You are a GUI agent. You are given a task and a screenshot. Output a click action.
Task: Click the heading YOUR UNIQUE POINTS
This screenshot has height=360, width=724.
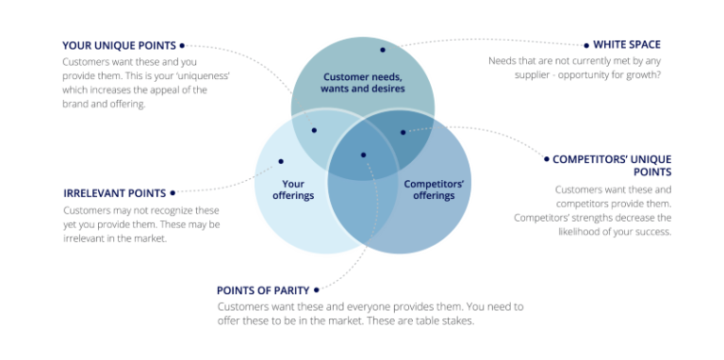pos(118,44)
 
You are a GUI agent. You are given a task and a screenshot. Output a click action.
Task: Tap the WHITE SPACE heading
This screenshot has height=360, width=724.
pos(627,44)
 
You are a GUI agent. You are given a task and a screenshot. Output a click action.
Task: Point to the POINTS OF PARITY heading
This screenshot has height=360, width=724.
pos(262,289)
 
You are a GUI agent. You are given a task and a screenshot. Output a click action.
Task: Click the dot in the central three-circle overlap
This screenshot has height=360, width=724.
pos(362,154)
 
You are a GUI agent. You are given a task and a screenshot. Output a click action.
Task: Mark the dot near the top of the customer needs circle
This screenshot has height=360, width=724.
pos(382,49)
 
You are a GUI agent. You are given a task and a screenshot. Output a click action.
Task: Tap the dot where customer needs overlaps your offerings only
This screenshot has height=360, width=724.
pos(314,130)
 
